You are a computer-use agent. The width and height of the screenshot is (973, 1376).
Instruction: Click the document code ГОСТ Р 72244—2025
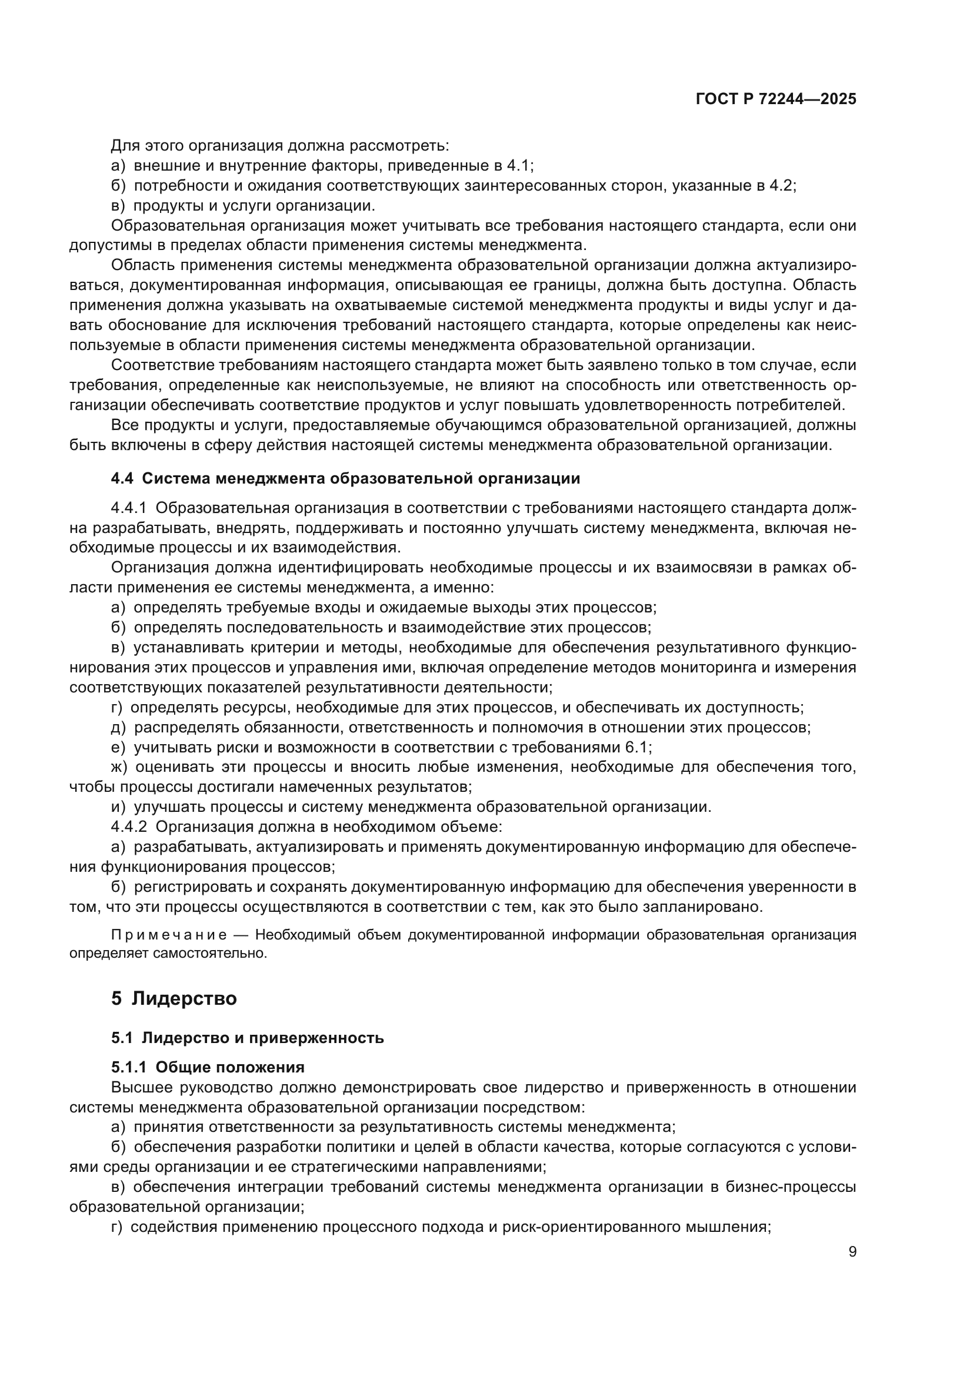776,99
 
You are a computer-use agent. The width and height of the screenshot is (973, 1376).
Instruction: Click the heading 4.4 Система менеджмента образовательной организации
346,478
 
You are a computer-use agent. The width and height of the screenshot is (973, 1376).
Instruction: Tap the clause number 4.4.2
129,827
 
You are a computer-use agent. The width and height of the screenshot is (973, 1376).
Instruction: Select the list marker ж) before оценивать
120,767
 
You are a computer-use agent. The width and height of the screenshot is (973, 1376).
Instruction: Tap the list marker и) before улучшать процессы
119,807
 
